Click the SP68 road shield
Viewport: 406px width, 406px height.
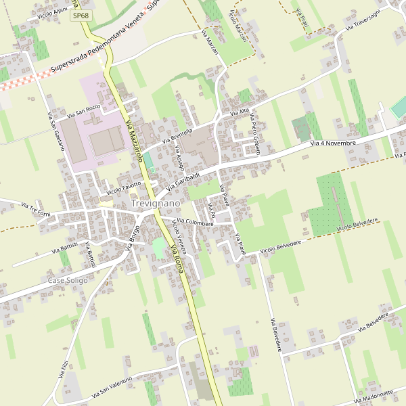(80, 15)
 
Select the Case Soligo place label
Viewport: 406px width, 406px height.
(68, 279)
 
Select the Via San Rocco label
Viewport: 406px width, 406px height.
(83, 109)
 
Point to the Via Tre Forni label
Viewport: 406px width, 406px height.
(35, 205)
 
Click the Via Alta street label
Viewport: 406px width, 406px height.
(240, 112)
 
